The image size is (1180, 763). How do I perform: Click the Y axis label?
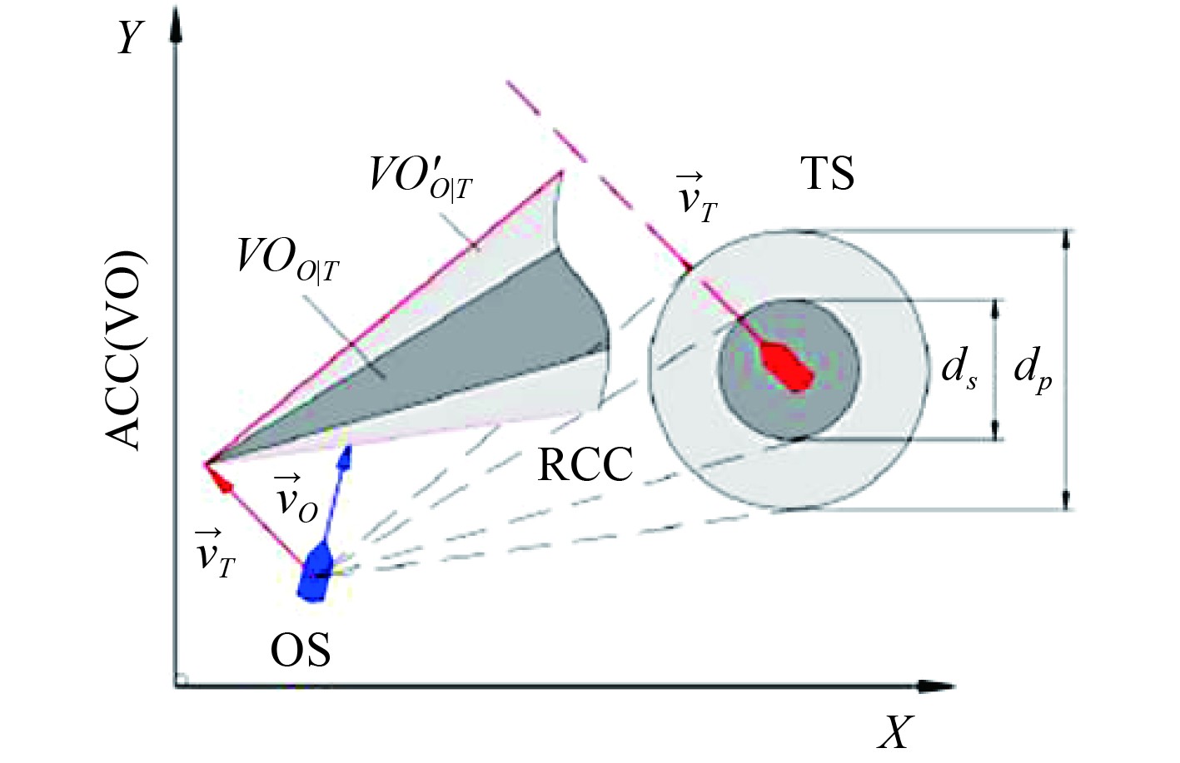click(x=130, y=37)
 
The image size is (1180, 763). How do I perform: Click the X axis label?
click(x=896, y=731)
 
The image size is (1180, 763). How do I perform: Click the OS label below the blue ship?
click(x=300, y=650)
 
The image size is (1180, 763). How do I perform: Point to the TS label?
click(x=827, y=174)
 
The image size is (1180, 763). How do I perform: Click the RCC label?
click(x=585, y=464)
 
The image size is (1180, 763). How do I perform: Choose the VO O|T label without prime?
click(x=288, y=259)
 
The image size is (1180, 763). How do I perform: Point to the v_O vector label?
click(x=296, y=498)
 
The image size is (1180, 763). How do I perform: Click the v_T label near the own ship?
click(x=215, y=552)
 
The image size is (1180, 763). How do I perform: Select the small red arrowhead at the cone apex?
click(x=221, y=482)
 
